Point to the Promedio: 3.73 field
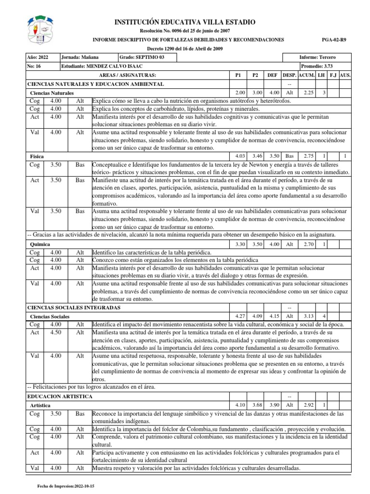pyautogui.click(x=317, y=67)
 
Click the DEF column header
pyautogui.click(x=273, y=76)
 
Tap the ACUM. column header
pyautogui.click(x=306, y=76)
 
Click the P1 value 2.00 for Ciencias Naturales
pyautogui.click(x=239, y=92)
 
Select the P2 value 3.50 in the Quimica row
pyautogui.click(x=256, y=244)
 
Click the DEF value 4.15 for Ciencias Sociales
pyautogui.click(x=273, y=316)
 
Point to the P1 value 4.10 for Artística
pyautogui.click(x=239, y=404)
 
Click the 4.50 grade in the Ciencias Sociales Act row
pyautogui.click(x=55, y=332)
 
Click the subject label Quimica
pyautogui.click(x=40, y=245)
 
